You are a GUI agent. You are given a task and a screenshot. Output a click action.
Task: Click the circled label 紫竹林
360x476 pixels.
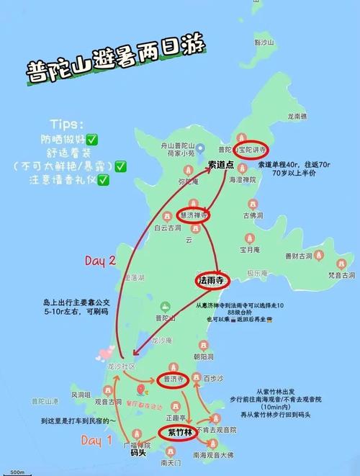[x=179, y=434]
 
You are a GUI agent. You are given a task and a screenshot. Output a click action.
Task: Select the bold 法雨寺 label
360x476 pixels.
[x=213, y=280]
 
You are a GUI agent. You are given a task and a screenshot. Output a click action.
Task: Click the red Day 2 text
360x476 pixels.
[x=101, y=261]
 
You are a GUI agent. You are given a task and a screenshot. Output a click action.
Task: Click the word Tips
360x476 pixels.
[x=68, y=124]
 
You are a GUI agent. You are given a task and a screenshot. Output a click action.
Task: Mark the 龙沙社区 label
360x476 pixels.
[x=121, y=367]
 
